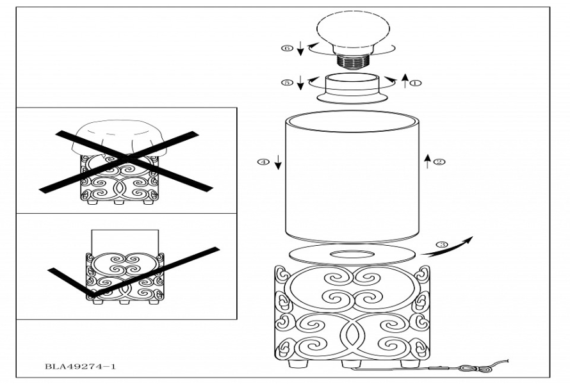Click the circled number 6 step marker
click(x=288, y=48)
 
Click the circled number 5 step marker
click(x=288, y=83)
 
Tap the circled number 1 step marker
click(x=416, y=83)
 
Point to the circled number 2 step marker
click(x=439, y=162)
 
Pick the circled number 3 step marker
click(x=441, y=244)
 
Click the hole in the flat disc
click(x=350, y=254)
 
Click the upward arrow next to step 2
click(x=427, y=161)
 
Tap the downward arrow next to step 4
click(x=278, y=163)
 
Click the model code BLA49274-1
click(x=81, y=367)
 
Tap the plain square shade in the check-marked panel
click(x=126, y=241)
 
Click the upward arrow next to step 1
click(x=404, y=81)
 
